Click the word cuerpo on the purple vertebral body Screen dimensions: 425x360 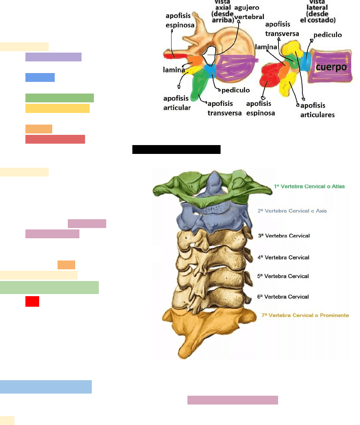click(331, 67)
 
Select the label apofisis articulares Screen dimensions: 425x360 click(317, 110)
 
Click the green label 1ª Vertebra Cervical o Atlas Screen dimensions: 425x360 click(309, 186)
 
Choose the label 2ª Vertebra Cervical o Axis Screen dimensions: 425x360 click(292, 211)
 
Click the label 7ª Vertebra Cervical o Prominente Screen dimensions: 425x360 click(305, 315)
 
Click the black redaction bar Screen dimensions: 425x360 click(176, 149)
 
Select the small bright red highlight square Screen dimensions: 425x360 click(32, 301)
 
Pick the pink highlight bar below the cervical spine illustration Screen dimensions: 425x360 click(233, 400)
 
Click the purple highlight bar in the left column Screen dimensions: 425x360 click(53, 57)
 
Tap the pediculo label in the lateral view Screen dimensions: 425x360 click(328, 35)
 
